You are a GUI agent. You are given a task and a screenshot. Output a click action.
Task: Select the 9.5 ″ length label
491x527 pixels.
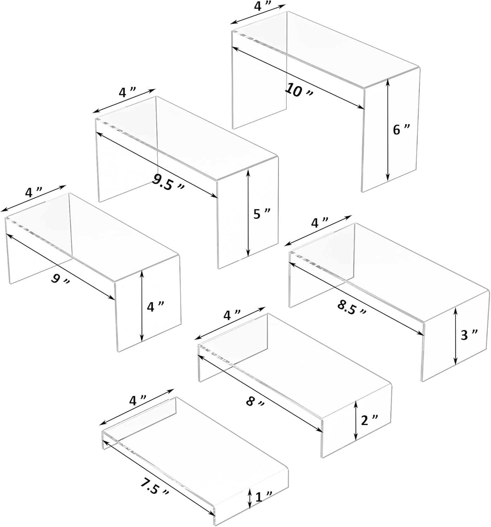168,182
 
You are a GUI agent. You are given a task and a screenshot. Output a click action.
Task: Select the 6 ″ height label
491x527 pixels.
401,130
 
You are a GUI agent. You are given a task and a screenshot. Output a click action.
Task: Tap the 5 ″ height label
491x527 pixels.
261,214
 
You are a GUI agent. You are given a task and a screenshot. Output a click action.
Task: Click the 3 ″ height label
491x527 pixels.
469,336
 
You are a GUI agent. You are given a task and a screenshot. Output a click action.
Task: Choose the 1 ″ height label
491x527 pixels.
264,497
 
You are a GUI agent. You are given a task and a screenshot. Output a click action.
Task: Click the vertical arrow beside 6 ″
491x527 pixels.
388,130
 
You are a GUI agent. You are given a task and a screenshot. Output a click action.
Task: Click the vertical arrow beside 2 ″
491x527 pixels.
356,421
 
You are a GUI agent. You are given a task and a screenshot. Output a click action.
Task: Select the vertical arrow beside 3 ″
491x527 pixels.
456,336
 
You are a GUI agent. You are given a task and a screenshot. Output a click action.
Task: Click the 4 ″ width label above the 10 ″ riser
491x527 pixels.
260,7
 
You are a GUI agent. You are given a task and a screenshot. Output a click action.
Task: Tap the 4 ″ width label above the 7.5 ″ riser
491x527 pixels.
137,400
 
